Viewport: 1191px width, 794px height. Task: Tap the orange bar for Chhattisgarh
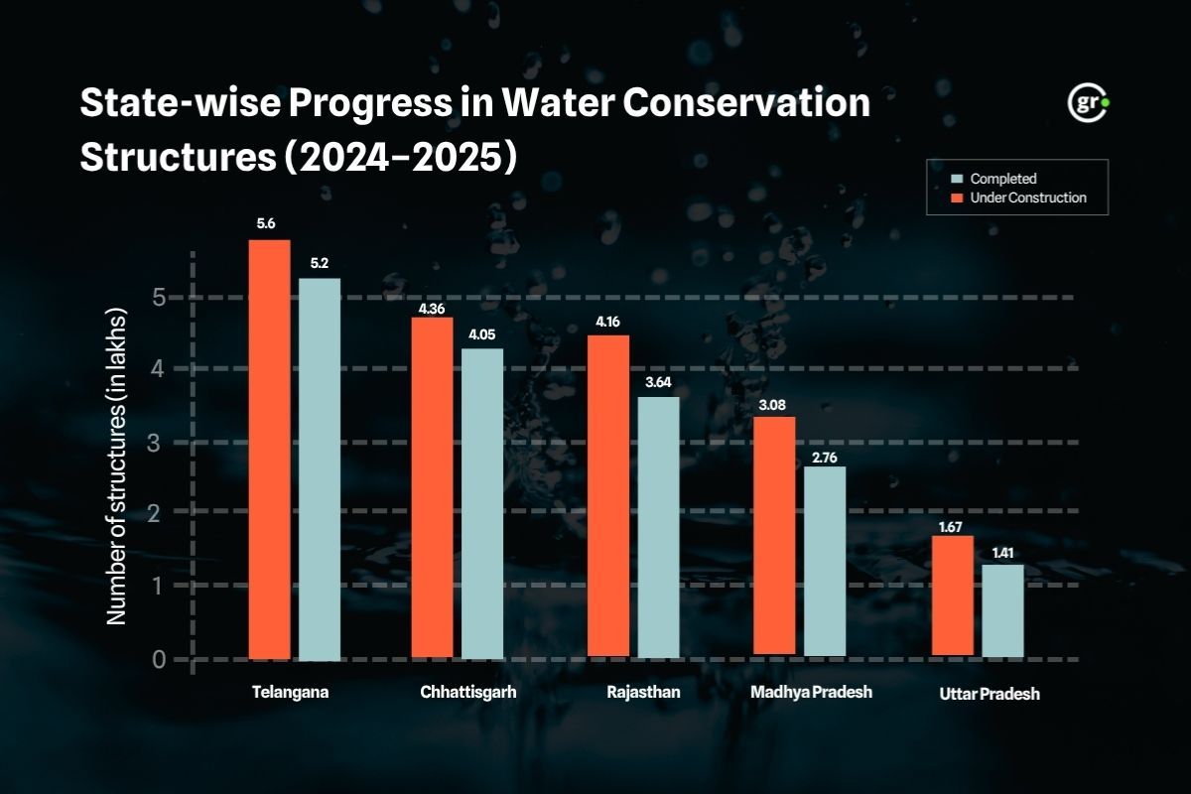pyautogui.click(x=432, y=486)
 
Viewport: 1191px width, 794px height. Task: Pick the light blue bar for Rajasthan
pyautogui.click(x=658, y=526)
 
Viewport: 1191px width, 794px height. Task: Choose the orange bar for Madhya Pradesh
pyautogui.click(x=775, y=535)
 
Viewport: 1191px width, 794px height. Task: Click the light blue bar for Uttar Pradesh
pyautogui.click(x=1002, y=609)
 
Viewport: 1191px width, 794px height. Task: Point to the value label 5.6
pyautogui.click(x=266, y=224)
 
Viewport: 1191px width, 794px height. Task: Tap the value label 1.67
pyautogui.click(x=953, y=527)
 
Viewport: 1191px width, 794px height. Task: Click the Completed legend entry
pyautogui.click(x=1002, y=179)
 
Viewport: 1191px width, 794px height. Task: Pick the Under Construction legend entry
pyautogui.click(x=1027, y=198)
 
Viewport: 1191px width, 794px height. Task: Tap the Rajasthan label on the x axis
pyautogui.click(x=643, y=693)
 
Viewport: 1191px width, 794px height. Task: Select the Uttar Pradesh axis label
pyautogui.click(x=989, y=695)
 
